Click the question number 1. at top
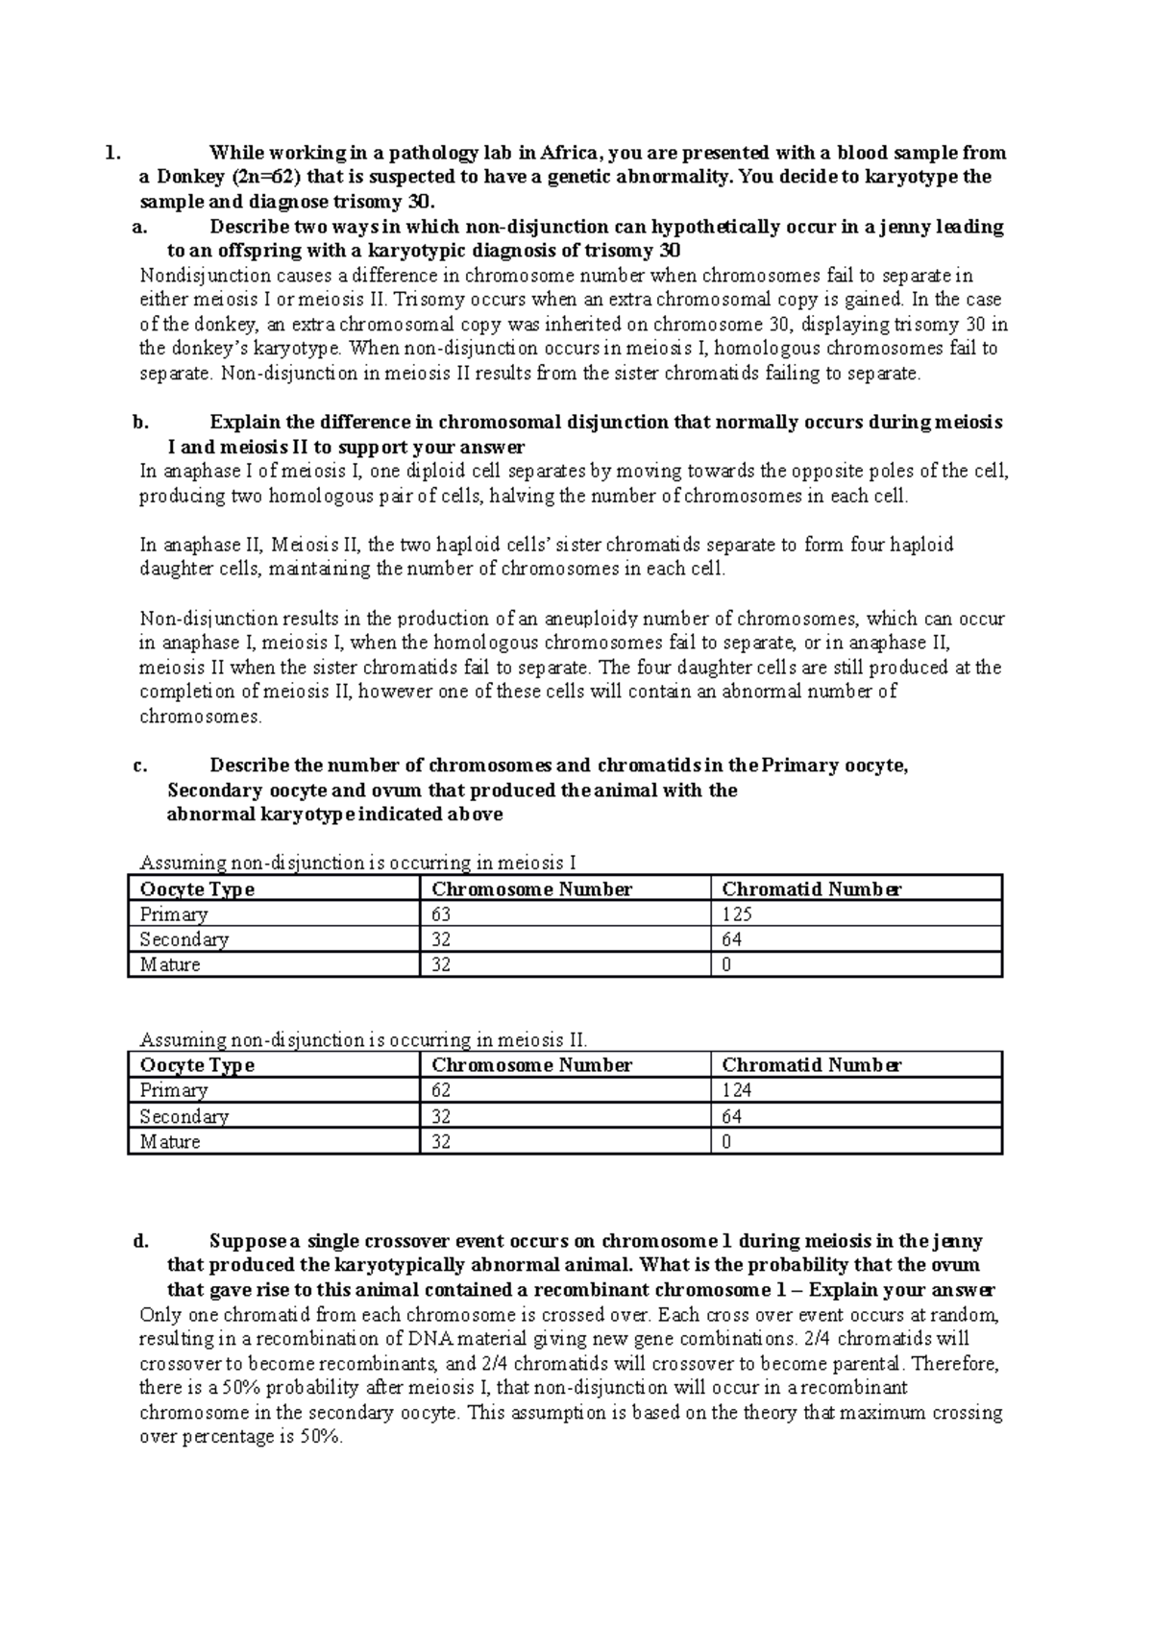pos(113,153)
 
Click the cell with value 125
pos(737,914)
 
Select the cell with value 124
pos(737,1090)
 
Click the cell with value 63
pos(441,914)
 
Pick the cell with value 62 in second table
pos(441,1090)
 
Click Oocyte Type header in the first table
pos(197,889)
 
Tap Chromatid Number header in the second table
pos(811,1065)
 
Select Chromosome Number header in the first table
pos(531,889)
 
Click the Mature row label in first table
pos(170,964)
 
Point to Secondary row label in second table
pos(184,1116)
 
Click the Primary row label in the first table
pos(173,914)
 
